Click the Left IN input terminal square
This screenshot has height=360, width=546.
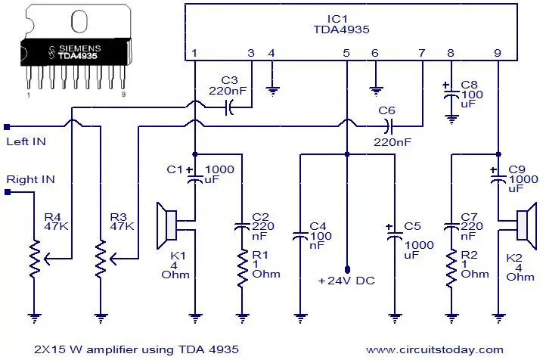pos(7,127)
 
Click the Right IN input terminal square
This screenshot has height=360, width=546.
pos(8,192)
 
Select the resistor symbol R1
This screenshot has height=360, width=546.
pos(242,268)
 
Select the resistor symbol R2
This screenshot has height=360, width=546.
pos(451,268)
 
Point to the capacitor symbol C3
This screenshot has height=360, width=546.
pos(229,107)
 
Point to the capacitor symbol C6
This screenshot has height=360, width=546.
pos(388,126)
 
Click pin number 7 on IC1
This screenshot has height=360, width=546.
pos(422,53)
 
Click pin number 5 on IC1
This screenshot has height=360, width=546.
pos(346,53)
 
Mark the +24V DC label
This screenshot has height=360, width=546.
pos(346,281)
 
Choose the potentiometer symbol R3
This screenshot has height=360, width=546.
pos(104,259)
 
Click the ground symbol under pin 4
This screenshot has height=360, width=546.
pos(272,92)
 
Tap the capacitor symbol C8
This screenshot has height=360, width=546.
pos(451,94)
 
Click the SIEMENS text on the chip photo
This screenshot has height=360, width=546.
pos(79,48)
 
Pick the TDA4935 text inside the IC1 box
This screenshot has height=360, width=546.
pos(341,29)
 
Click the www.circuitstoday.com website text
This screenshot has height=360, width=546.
pos(435,349)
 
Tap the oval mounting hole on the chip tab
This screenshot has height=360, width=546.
pos(79,21)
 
